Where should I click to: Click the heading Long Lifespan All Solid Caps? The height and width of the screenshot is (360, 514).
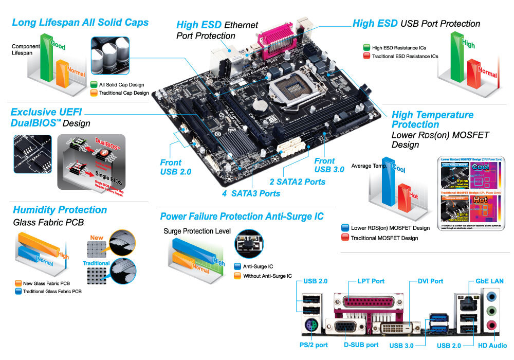(x=80, y=23)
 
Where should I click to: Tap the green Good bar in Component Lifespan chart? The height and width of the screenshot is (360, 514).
(x=47, y=59)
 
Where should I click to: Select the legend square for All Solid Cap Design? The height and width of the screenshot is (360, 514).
(x=94, y=84)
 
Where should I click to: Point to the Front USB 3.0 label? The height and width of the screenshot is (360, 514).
(x=329, y=165)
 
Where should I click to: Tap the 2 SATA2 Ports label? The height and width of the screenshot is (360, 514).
(x=298, y=182)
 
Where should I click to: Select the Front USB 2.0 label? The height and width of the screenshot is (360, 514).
(x=175, y=167)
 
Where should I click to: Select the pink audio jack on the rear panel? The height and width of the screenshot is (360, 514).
(x=491, y=325)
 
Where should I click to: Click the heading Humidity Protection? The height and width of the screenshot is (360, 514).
(x=60, y=210)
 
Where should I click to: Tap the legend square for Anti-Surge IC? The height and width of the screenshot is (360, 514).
(x=237, y=266)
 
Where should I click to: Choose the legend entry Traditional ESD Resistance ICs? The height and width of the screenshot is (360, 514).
(x=400, y=56)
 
